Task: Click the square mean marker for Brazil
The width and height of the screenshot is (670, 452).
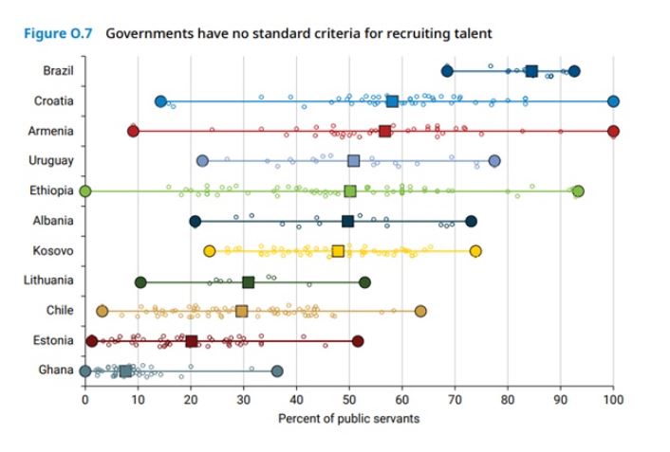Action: point(531,71)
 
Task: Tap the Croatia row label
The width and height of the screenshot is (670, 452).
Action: point(53,101)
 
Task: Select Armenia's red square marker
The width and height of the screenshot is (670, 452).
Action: point(384,132)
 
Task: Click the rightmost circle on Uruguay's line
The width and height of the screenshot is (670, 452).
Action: point(494,161)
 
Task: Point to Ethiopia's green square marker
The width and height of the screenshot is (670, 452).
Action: point(350,191)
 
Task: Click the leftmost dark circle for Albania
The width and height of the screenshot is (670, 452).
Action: point(195,222)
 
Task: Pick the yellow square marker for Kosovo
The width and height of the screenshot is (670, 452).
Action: point(338,251)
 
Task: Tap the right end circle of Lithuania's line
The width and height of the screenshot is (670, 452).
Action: point(364,281)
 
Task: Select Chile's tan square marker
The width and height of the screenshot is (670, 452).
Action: point(241,311)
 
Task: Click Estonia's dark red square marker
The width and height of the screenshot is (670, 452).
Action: point(192,341)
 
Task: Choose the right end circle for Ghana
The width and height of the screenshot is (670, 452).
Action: point(277,371)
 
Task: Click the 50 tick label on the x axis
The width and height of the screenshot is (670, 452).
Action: point(349,399)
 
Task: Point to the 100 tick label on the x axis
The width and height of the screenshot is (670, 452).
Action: point(613,399)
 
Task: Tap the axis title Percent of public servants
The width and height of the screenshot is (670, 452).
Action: point(348,418)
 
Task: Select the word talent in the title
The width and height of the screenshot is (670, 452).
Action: point(473,34)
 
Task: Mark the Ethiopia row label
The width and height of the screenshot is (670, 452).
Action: point(53,191)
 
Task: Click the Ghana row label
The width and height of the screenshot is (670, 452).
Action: point(57,370)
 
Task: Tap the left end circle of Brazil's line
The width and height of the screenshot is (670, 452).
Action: point(447,71)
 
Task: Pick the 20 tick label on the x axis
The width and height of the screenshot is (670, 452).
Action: point(191,399)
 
